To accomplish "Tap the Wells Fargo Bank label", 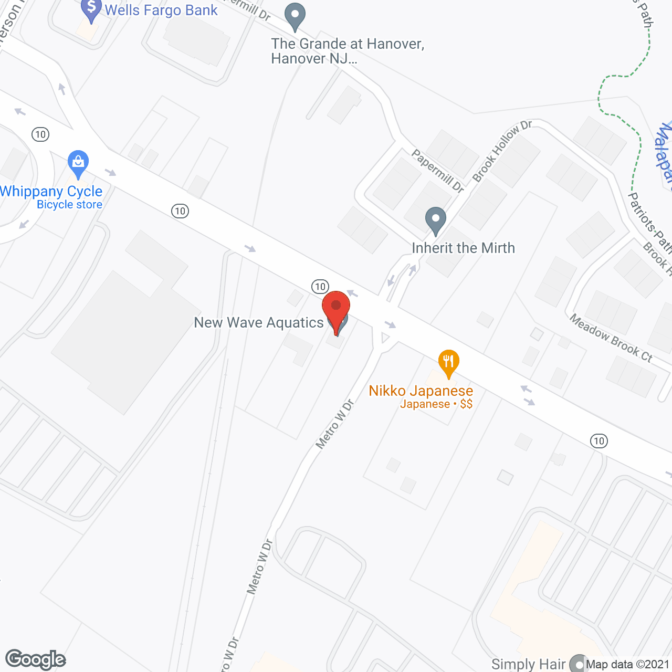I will pos(161,10).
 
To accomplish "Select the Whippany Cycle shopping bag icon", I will pos(78,163).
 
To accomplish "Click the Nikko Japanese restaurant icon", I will pos(449,362).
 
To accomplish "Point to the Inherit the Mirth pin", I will pos(435,220).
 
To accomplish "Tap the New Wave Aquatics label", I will pos(259,322).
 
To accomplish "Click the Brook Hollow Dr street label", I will pos(502,151).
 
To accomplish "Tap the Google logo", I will pos(36,659).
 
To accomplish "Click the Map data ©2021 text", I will pos(628,664).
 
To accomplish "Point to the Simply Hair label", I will pos(528,664).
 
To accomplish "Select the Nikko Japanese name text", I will pos(421,391).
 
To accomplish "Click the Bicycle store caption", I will pos(69,205).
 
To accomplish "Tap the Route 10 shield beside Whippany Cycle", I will pos(40,134).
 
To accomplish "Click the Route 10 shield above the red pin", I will pos(320,287).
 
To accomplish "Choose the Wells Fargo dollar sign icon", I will pos(91,9).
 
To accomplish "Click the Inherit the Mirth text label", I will pos(464,248).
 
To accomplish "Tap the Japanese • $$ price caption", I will pos(436,404).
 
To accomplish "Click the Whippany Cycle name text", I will pos(51,191).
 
